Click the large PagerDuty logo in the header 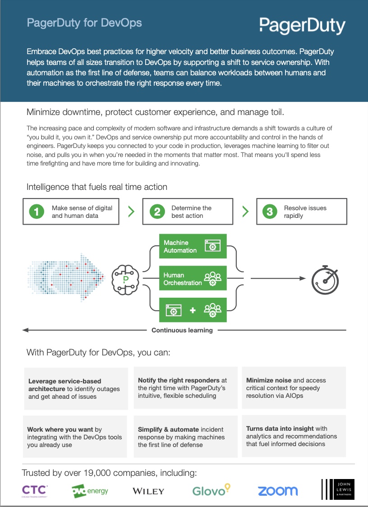pyautogui.click(x=302, y=26)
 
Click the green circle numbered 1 pyautogui.click(x=37, y=212)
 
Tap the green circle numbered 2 pyautogui.click(x=157, y=212)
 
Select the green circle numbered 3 pyautogui.click(x=270, y=212)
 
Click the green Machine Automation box pyautogui.click(x=193, y=246)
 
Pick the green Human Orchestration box pyautogui.click(x=193, y=278)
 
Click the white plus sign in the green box pyautogui.click(x=193, y=310)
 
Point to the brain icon pyautogui.click(x=125, y=279)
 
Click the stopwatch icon pyautogui.click(x=325, y=280)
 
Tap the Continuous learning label pyautogui.click(x=182, y=331)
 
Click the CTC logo pyautogui.click(x=35, y=491)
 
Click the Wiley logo pyautogui.click(x=148, y=492)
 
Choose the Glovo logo pyautogui.click(x=212, y=490)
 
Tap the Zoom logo pyautogui.click(x=278, y=491)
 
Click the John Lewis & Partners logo pyautogui.click(x=338, y=489)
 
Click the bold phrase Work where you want pyautogui.click(x=60, y=429)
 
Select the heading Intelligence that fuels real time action pyautogui.click(x=97, y=187)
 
